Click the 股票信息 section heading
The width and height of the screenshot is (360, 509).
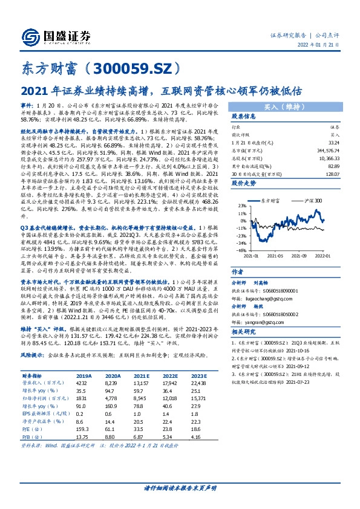[246, 116]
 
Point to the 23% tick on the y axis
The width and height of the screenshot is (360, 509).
[241, 206]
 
